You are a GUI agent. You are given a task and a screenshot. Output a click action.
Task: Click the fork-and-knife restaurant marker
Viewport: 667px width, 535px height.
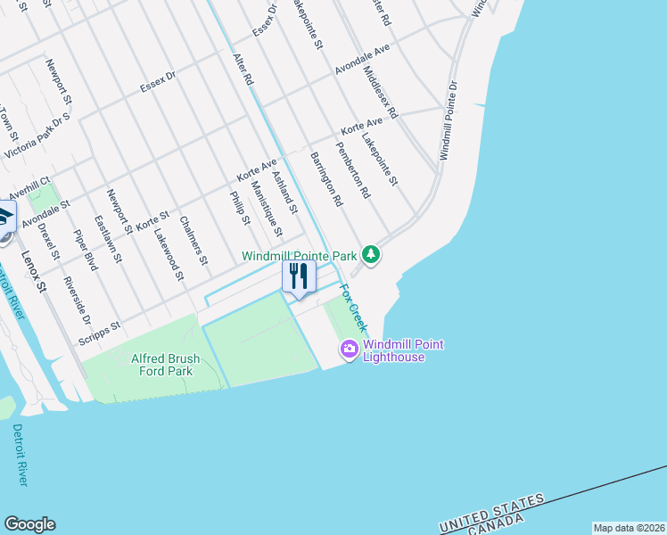[299, 276]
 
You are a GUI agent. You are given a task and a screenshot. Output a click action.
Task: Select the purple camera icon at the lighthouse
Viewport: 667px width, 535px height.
[349, 350]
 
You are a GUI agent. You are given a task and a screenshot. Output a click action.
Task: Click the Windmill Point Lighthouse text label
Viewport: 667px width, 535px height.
[403, 351]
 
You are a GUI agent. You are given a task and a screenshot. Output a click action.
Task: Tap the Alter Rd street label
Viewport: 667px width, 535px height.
[243, 69]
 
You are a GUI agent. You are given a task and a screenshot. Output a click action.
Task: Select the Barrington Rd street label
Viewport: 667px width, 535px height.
[326, 179]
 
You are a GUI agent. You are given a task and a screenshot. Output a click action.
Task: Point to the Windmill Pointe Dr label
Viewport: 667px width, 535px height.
[448, 121]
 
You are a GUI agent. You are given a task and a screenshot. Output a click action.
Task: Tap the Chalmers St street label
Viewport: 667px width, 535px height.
[194, 241]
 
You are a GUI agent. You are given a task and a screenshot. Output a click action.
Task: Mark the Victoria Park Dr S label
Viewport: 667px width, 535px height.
[37, 136]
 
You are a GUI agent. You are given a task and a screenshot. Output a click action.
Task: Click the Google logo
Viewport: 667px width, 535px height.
[29, 524]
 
